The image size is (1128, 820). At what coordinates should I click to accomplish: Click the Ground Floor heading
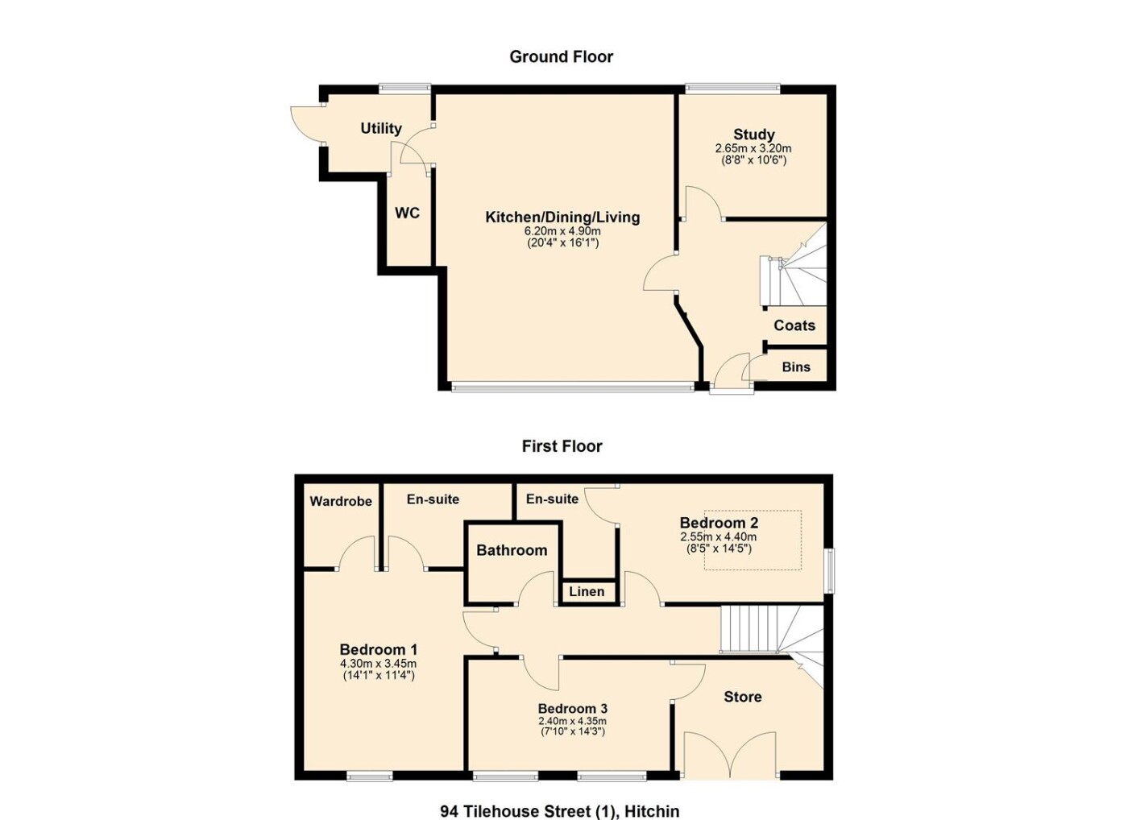point(561,57)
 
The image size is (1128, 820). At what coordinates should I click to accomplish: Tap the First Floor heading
point(562,446)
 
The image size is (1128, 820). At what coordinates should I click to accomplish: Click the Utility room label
point(380,128)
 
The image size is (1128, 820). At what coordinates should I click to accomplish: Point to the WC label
point(407,213)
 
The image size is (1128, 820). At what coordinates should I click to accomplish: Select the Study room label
point(753,135)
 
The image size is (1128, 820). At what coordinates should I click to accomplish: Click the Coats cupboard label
point(794,325)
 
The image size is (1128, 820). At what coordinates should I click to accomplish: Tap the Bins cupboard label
point(796,367)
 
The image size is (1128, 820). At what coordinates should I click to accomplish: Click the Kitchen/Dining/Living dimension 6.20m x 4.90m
point(562,231)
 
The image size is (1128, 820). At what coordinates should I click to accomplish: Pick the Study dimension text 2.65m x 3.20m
point(753,148)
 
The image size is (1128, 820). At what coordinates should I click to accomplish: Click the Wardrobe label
point(340,501)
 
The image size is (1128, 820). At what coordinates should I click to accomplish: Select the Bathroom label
point(512,549)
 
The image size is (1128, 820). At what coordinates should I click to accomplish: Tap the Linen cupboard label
point(587,591)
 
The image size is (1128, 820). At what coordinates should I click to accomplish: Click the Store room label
point(742,697)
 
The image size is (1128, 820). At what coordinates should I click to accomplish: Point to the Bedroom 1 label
point(378,649)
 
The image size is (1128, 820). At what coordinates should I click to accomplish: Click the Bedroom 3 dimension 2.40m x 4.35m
point(571,721)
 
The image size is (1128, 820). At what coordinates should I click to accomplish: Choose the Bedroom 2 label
point(719,523)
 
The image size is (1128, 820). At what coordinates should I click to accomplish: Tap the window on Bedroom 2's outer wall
point(828,570)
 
